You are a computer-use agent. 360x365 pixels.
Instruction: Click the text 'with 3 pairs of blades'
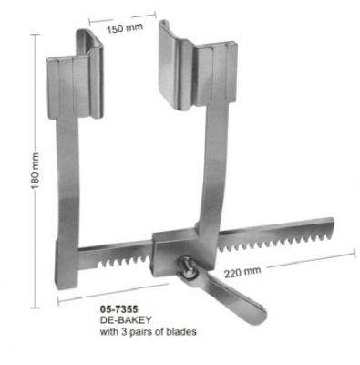click(146, 333)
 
